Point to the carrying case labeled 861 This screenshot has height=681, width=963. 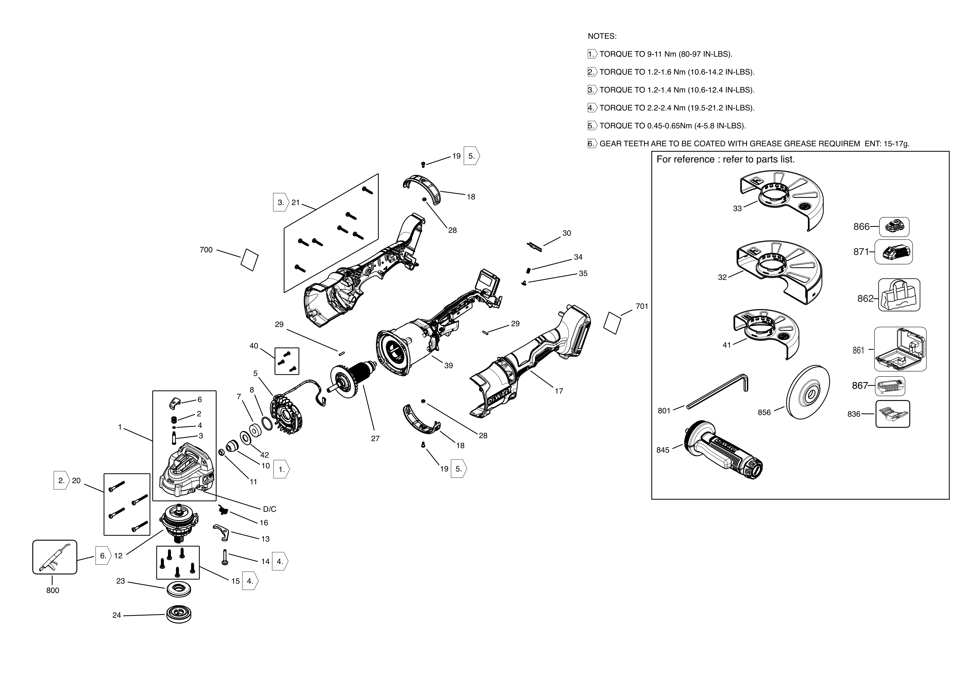pyautogui.click(x=900, y=349)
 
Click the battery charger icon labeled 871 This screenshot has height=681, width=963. pyautogui.click(x=893, y=252)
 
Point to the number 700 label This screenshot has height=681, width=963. pyautogui.click(x=206, y=250)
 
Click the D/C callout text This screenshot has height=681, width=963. pyautogui.click(x=269, y=509)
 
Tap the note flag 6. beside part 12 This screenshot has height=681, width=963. pyautogui.click(x=103, y=556)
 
